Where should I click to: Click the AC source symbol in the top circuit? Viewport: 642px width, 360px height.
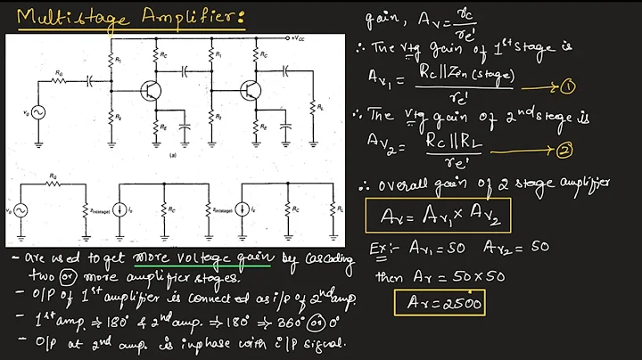click(x=38, y=112)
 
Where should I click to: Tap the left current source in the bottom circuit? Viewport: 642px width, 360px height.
click(x=119, y=213)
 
